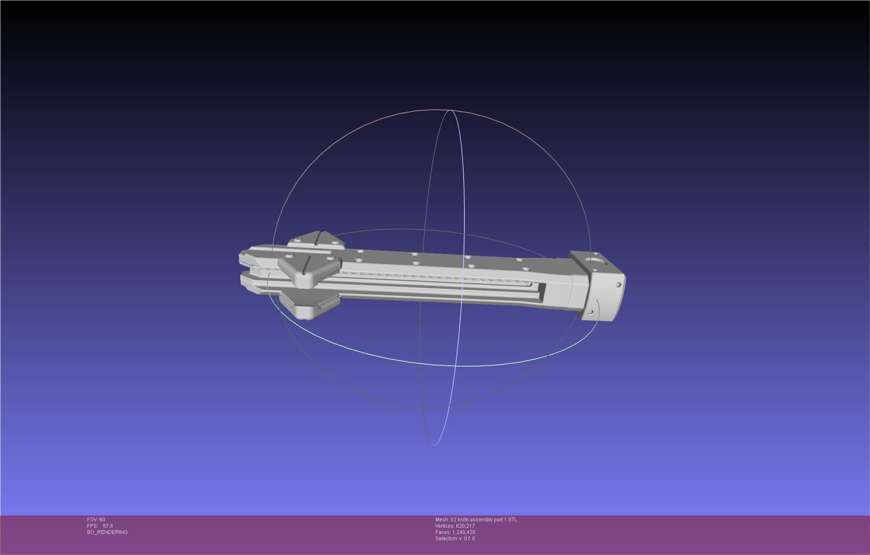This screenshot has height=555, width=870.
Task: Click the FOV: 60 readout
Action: pos(96,520)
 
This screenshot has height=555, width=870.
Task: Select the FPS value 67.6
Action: pos(108,526)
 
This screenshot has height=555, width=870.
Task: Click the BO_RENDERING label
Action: pos(107,532)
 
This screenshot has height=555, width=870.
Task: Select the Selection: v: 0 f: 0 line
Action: pos(455,539)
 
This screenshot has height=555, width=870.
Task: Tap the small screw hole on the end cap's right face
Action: pos(618,285)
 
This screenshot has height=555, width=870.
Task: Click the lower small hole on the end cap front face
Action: pos(590,312)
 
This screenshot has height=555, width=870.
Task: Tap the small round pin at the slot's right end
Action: pos(529,284)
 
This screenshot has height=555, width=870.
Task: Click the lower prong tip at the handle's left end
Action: pos(245,279)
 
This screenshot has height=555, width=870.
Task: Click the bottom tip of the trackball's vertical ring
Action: pos(434,444)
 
